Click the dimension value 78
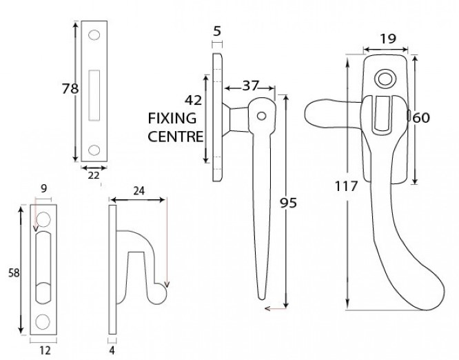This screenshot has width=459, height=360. [68, 89]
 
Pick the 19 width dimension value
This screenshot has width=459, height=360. [387, 39]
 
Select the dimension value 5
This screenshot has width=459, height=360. [218, 31]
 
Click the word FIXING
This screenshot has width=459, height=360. [172, 118]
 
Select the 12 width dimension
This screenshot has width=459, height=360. [45, 350]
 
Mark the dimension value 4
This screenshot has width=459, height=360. [112, 350]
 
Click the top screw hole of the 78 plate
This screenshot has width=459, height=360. [94, 34]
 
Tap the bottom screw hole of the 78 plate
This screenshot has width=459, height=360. [94, 148]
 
